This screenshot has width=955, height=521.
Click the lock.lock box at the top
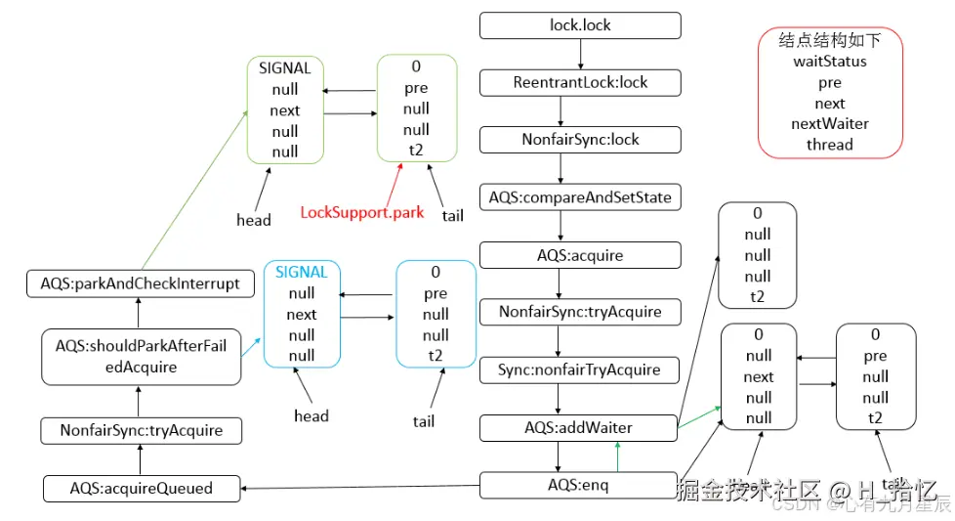click(580, 25)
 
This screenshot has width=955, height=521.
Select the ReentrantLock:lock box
click(580, 82)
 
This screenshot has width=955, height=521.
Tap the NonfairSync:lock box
click(580, 140)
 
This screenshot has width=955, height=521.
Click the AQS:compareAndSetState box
click(580, 197)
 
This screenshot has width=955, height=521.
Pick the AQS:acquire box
click(580, 255)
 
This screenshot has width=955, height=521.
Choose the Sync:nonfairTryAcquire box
click(580, 369)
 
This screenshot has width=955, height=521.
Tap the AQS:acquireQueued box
click(142, 488)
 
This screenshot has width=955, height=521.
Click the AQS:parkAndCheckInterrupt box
click(140, 284)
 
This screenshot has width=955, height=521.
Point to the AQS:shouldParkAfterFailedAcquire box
click(141, 356)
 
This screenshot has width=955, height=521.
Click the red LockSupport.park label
click(361, 212)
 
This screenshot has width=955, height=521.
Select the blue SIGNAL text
click(302, 272)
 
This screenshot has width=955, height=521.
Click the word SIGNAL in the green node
click(285, 68)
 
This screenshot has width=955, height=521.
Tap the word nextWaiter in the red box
click(830, 124)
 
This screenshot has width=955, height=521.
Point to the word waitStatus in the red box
click(830, 62)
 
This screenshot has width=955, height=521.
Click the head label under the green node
click(254, 220)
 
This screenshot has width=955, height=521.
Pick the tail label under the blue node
click(424, 421)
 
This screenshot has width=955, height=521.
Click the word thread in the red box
click(830, 145)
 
